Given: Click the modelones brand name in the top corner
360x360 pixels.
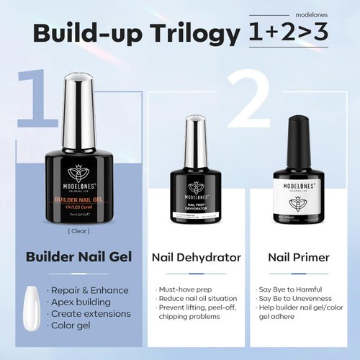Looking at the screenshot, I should [x=314, y=14].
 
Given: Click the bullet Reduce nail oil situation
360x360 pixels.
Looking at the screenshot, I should [x=196, y=300].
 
